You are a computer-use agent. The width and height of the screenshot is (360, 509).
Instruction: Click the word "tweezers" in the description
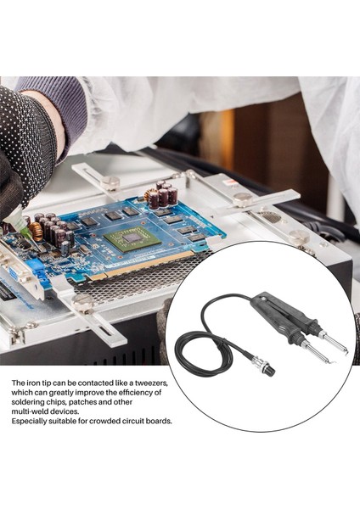pos(149,383)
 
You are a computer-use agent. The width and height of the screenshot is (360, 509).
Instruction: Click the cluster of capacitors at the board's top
pos(161,196)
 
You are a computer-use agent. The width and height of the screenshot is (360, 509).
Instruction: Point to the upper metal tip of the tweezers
pos(333,343)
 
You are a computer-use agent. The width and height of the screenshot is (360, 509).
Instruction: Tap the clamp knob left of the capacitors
pos(110,182)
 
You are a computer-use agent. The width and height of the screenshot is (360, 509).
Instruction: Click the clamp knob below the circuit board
pos(83,303)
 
